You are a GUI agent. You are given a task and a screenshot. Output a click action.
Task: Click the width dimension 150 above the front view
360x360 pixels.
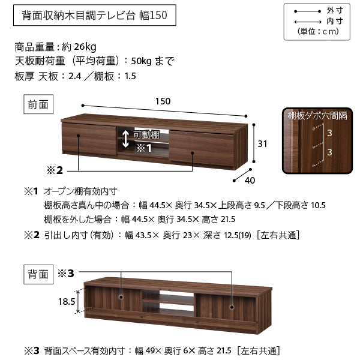[x=163, y=101]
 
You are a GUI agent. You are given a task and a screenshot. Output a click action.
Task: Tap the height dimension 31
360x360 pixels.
[x=262, y=144]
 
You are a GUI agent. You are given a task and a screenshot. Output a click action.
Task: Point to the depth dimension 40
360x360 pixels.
[x=250, y=181]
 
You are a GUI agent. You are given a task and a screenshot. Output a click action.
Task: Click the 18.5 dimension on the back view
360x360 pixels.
[x=67, y=301]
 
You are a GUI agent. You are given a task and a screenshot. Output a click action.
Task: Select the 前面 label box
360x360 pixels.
[x=38, y=104]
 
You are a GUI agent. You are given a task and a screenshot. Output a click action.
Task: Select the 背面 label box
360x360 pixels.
[x=38, y=274]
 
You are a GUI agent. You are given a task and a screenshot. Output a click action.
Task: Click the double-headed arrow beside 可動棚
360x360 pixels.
[x=125, y=139]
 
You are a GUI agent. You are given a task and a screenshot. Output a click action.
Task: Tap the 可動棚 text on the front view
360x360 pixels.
[x=146, y=135]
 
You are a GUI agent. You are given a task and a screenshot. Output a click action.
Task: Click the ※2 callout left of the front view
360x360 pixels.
[x=55, y=170]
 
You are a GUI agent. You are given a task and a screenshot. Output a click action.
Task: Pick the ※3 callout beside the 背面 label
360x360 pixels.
[x=65, y=274]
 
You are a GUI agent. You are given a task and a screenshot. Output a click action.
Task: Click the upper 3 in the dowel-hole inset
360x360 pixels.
[x=329, y=133]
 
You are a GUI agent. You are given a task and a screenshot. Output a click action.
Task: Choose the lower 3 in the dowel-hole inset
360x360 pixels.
[x=329, y=152]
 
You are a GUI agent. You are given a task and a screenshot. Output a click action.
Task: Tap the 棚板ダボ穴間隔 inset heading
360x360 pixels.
[x=317, y=115]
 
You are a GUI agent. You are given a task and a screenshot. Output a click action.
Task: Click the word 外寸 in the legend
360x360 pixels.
[x=335, y=11]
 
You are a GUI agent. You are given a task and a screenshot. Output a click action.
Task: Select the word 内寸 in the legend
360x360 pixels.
[x=335, y=22]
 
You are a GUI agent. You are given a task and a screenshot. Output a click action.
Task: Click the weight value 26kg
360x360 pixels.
[x=85, y=47]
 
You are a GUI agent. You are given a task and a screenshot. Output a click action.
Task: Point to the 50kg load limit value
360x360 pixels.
[x=141, y=61]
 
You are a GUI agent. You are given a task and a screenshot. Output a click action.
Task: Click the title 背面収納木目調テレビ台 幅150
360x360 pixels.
[x=95, y=15]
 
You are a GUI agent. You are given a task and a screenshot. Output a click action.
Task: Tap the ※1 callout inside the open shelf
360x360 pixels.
[x=144, y=148]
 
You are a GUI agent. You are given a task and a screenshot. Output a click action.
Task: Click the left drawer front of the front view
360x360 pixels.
[x=89, y=139]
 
